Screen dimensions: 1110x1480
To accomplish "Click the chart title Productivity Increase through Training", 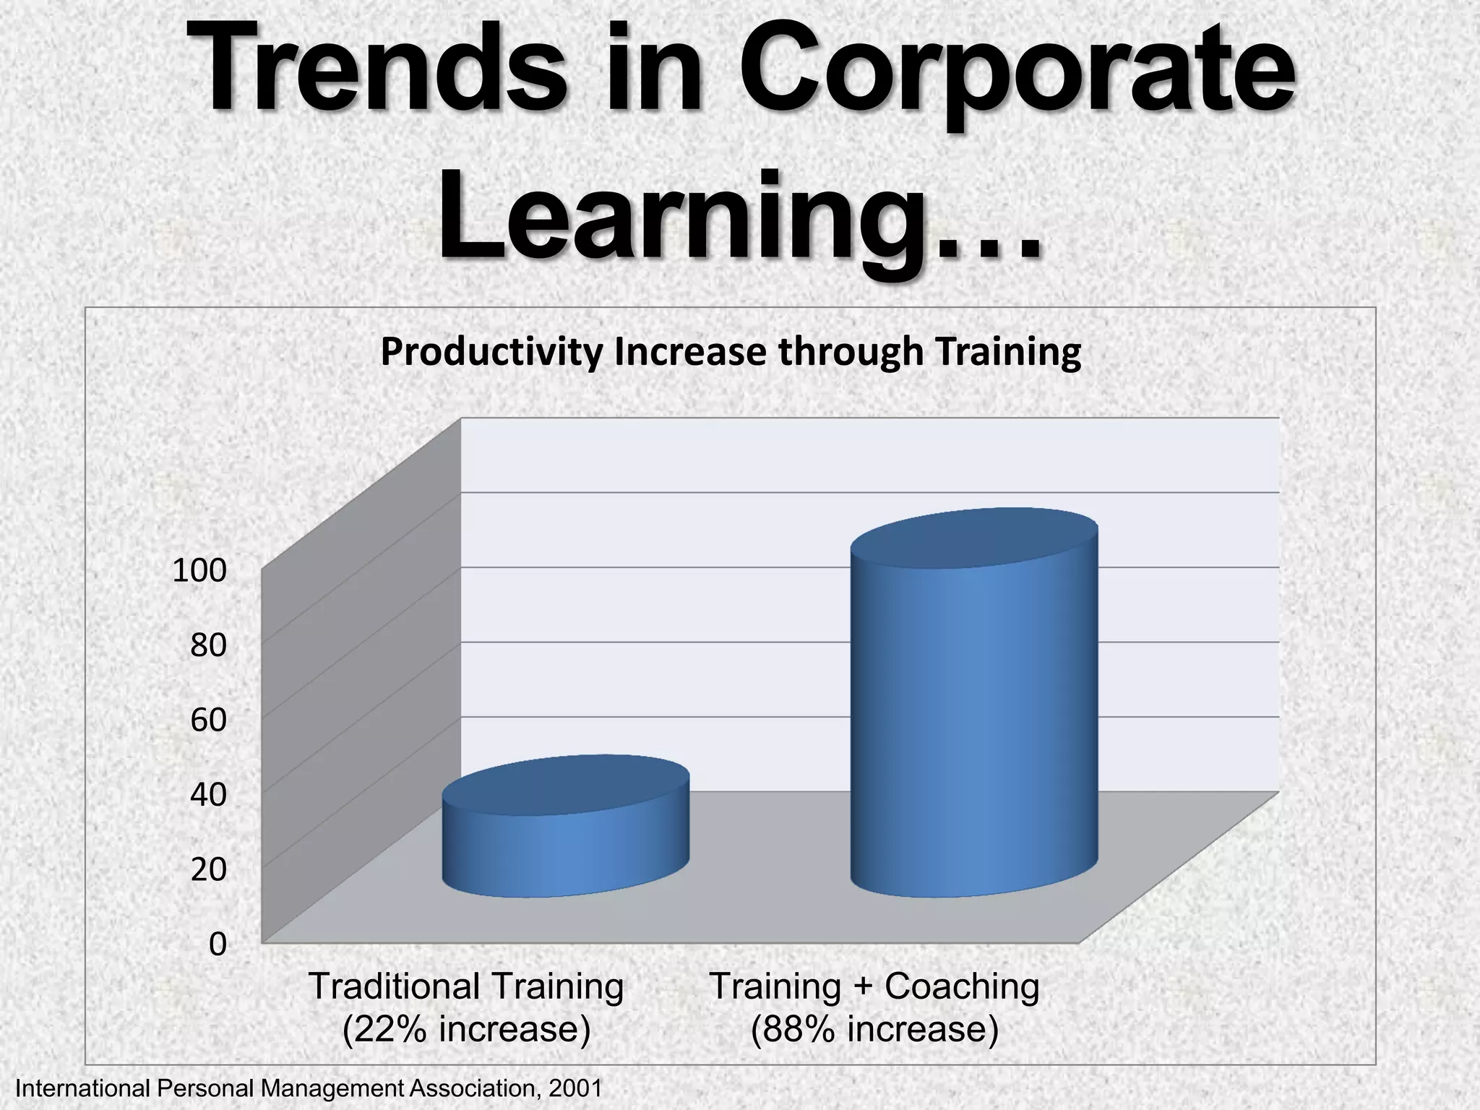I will [731, 352].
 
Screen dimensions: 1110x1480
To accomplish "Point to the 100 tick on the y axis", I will [199, 571].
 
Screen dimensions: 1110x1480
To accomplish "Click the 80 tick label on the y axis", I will [208, 645].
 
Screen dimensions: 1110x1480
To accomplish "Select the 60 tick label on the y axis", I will [208, 720].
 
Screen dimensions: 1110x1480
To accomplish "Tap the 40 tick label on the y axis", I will [208, 795].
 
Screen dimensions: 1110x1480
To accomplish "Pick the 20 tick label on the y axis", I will [208, 869].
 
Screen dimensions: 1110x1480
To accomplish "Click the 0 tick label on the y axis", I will [218, 944].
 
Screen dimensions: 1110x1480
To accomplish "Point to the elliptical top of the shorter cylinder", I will [565, 786].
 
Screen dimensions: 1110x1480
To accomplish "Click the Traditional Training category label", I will [466, 986].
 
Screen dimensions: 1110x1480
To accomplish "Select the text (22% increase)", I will [466, 1029].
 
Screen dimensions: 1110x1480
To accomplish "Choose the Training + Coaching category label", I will [874, 986].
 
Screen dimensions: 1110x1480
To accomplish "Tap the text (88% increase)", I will [874, 1029].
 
